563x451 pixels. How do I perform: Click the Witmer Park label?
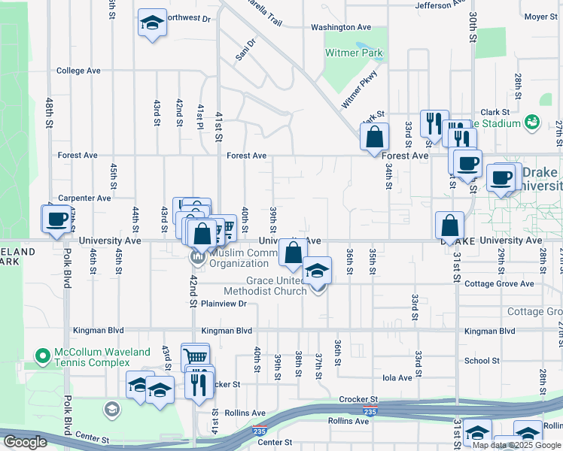[354, 53]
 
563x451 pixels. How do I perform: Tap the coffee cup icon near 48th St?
[57, 219]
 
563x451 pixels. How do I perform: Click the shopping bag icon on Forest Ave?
[374, 138]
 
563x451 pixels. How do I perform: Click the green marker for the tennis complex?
[42, 353]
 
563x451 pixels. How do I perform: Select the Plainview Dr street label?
[224, 304]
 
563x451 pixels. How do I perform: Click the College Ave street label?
[78, 71]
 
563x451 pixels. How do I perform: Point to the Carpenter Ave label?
[85, 198]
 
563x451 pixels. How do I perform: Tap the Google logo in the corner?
[25, 442]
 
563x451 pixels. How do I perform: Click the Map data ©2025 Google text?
[516, 445]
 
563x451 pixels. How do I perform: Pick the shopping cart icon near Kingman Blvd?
[195, 357]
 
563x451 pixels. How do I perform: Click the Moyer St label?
[540, 16]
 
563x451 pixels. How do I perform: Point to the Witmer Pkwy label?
[359, 89]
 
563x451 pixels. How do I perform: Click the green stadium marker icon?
[533, 121]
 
